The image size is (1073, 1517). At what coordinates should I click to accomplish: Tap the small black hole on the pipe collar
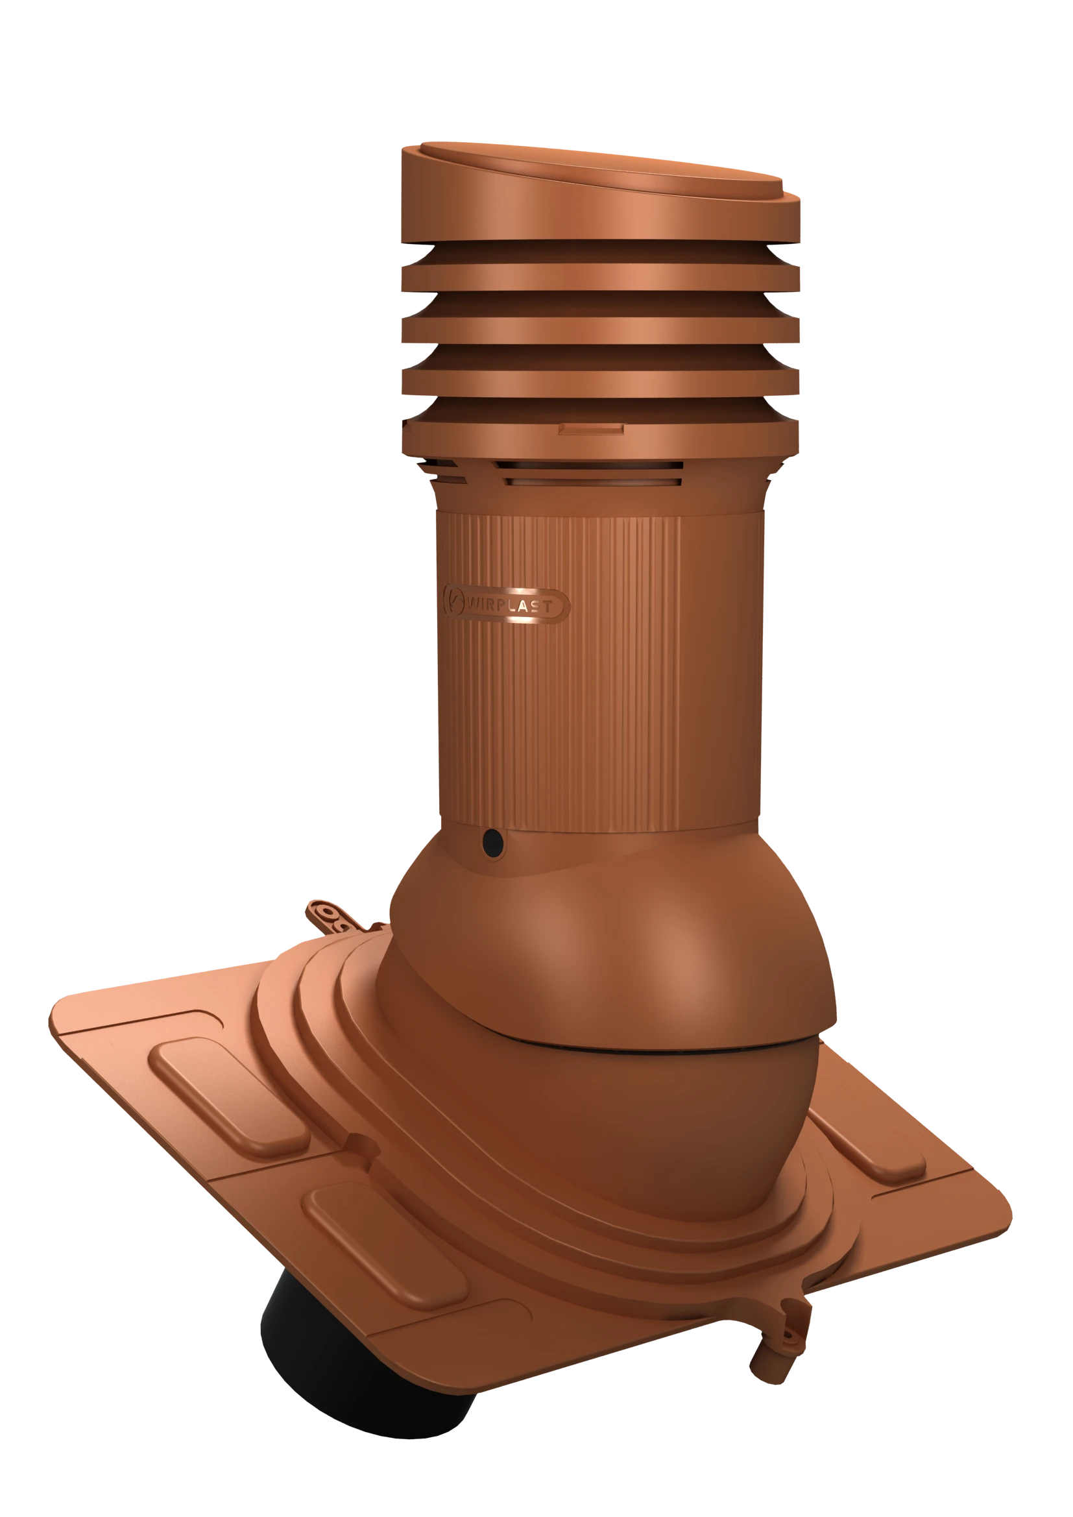point(493,842)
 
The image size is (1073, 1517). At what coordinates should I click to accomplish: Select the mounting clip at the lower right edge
point(780,1335)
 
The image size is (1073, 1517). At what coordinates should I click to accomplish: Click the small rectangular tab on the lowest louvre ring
point(591,430)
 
